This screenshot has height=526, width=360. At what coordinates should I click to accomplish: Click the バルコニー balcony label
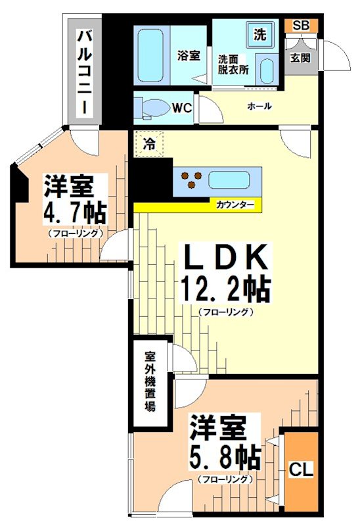(x=84, y=72)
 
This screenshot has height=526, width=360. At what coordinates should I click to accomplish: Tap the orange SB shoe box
(x=301, y=26)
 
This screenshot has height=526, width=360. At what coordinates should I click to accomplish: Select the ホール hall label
(x=259, y=106)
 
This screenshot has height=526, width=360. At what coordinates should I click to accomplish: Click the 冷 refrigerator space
(x=149, y=144)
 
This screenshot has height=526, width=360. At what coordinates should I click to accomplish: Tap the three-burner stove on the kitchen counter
(x=191, y=179)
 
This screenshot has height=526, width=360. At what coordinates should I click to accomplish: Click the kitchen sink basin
(x=229, y=179)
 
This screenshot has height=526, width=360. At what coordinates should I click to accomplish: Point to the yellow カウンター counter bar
(x=197, y=206)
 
